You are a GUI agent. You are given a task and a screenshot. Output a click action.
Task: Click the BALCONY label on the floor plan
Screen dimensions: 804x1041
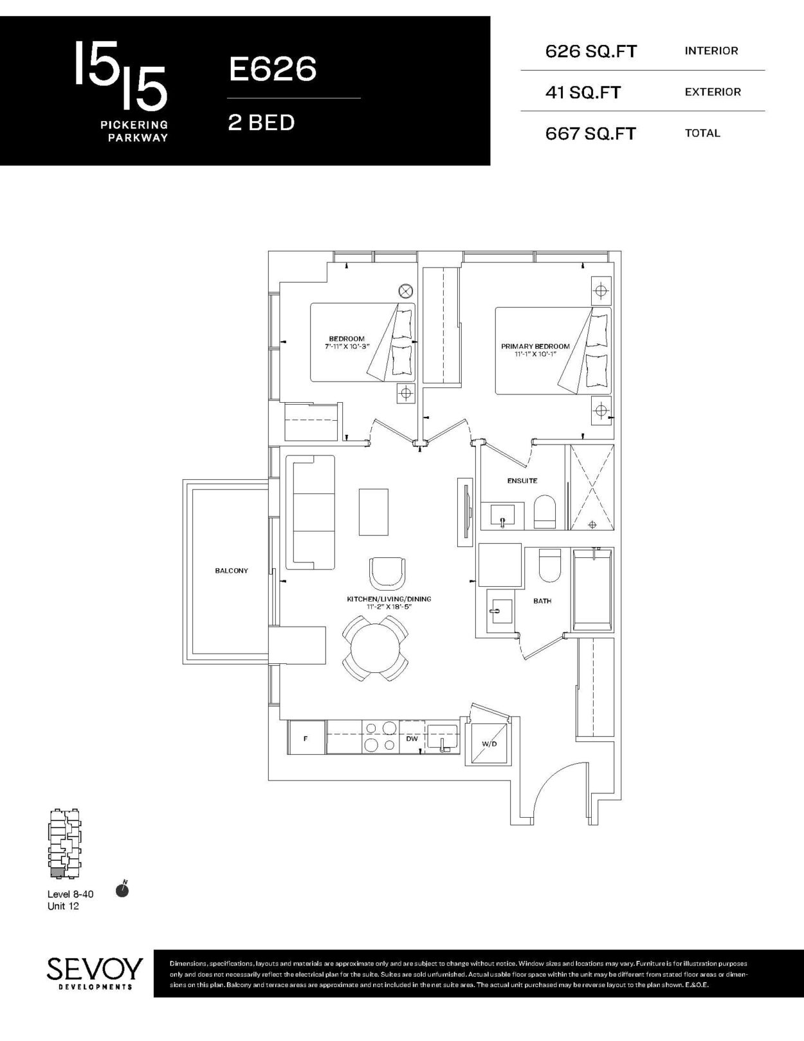click(x=232, y=571)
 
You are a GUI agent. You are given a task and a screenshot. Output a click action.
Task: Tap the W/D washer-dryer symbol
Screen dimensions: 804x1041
click(x=489, y=744)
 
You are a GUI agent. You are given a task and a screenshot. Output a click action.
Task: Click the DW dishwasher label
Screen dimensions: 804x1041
click(x=412, y=739)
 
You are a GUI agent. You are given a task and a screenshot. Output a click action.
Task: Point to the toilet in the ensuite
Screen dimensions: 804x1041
click(x=544, y=511)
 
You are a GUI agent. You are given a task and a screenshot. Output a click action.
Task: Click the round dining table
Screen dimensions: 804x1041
click(x=375, y=649)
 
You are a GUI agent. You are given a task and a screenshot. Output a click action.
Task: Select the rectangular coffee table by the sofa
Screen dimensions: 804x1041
click(x=374, y=511)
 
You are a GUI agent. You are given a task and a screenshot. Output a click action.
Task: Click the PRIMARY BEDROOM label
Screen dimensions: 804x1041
click(x=535, y=346)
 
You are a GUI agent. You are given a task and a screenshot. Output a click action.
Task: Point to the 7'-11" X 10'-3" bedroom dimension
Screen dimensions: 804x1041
click(x=347, y=346)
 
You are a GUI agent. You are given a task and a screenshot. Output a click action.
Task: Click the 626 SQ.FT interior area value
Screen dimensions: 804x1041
click(x=591, y=51)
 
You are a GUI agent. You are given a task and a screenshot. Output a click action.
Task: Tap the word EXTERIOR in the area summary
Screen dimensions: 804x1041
click(x=713, y=92)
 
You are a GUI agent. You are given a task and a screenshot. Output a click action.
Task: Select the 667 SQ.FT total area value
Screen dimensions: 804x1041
click(x=590, y=134)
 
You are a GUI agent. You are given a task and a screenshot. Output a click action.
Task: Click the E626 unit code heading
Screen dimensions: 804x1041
click(x=273, y=69)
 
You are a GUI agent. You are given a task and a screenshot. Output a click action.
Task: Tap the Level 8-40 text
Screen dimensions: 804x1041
click(x=70, y=894)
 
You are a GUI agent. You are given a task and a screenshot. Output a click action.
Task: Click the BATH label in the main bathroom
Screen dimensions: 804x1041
click(x=542, y=601)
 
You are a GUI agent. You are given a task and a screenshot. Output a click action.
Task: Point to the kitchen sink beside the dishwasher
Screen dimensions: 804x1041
click(x=443, y=738)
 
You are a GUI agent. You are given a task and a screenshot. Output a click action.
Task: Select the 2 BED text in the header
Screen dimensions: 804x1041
click(x=261, y=123)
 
